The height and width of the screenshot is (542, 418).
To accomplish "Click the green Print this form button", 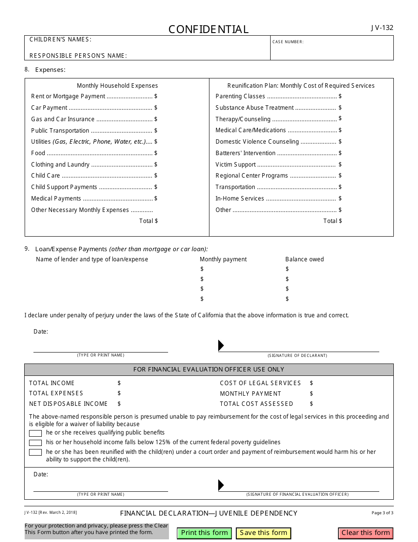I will pos(205,533).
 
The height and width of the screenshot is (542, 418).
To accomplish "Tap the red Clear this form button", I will pos(366,533).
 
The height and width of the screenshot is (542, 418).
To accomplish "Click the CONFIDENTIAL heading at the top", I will pos(209,30).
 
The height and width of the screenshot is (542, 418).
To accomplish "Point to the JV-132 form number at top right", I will pos(382,28).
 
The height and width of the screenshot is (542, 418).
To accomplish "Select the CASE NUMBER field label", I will pos(288,42).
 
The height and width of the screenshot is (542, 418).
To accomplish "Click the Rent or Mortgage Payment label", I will pos(68,96).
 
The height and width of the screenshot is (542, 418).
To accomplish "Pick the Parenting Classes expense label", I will pos(240,96).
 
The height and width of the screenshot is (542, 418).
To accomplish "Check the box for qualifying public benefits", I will pos(35,433).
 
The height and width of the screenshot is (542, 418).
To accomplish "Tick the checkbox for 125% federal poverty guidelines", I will pos(35,443).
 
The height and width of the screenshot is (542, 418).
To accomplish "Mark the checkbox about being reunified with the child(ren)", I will pos(35,453).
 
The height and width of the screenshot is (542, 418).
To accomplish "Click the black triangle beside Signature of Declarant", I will pos(221,345).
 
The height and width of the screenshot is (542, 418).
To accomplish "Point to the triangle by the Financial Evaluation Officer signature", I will pos(221,485).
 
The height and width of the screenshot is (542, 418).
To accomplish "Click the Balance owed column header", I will pos(304,259).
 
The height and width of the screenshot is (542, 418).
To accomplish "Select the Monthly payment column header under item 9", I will pos(223,259).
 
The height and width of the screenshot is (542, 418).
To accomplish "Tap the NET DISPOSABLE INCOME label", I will pos(68,404).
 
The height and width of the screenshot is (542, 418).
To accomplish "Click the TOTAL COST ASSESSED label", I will pos(257,404).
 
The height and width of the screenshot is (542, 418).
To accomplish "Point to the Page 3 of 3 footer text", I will pos(382,513).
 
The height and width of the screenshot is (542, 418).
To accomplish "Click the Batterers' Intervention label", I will pos(246,153).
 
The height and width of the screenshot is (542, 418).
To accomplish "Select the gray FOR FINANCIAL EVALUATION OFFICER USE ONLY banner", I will pos(209,369).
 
